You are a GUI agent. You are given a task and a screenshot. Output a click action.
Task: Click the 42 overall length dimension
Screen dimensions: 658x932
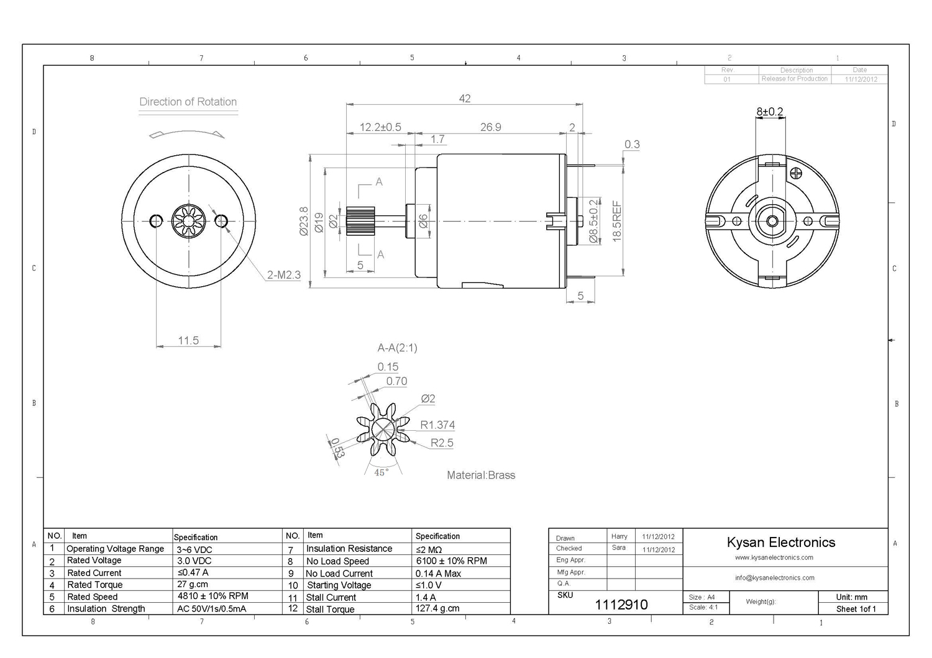465,99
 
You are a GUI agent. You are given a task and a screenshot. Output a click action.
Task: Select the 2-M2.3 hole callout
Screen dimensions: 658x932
284,274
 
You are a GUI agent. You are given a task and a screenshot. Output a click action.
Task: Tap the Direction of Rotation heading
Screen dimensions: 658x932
188,102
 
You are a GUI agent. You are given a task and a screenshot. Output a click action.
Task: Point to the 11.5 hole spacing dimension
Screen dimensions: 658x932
188,340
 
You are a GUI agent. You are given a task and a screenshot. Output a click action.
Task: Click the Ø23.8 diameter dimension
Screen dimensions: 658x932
304,221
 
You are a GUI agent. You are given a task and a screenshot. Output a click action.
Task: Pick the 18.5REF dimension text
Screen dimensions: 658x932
616,221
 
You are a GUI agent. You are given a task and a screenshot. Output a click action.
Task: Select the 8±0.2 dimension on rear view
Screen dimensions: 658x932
770,112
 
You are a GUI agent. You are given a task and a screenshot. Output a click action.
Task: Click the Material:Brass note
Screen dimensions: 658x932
481,475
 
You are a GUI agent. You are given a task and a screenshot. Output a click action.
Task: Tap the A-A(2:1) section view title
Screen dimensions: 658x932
398,348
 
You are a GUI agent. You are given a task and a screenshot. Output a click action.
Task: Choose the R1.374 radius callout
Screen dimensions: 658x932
437,425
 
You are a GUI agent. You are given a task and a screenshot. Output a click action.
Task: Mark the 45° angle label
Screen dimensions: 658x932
381,472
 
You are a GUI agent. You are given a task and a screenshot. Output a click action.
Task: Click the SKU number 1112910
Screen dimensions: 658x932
621,605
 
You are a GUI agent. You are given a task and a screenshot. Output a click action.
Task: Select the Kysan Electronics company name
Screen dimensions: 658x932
781,542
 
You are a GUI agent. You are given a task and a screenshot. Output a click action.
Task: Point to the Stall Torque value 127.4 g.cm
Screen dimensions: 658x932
437,608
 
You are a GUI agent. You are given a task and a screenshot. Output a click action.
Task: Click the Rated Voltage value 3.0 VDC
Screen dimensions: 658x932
194,561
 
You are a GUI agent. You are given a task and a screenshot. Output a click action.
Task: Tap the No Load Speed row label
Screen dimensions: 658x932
337,561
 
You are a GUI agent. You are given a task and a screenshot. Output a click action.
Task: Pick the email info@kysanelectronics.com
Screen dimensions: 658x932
775,578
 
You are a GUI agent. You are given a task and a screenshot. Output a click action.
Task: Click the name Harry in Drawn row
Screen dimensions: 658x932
619,536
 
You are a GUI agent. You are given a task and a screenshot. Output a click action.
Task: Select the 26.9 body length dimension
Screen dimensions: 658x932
490,127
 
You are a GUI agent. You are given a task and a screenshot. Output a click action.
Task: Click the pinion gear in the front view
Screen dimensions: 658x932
187,220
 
